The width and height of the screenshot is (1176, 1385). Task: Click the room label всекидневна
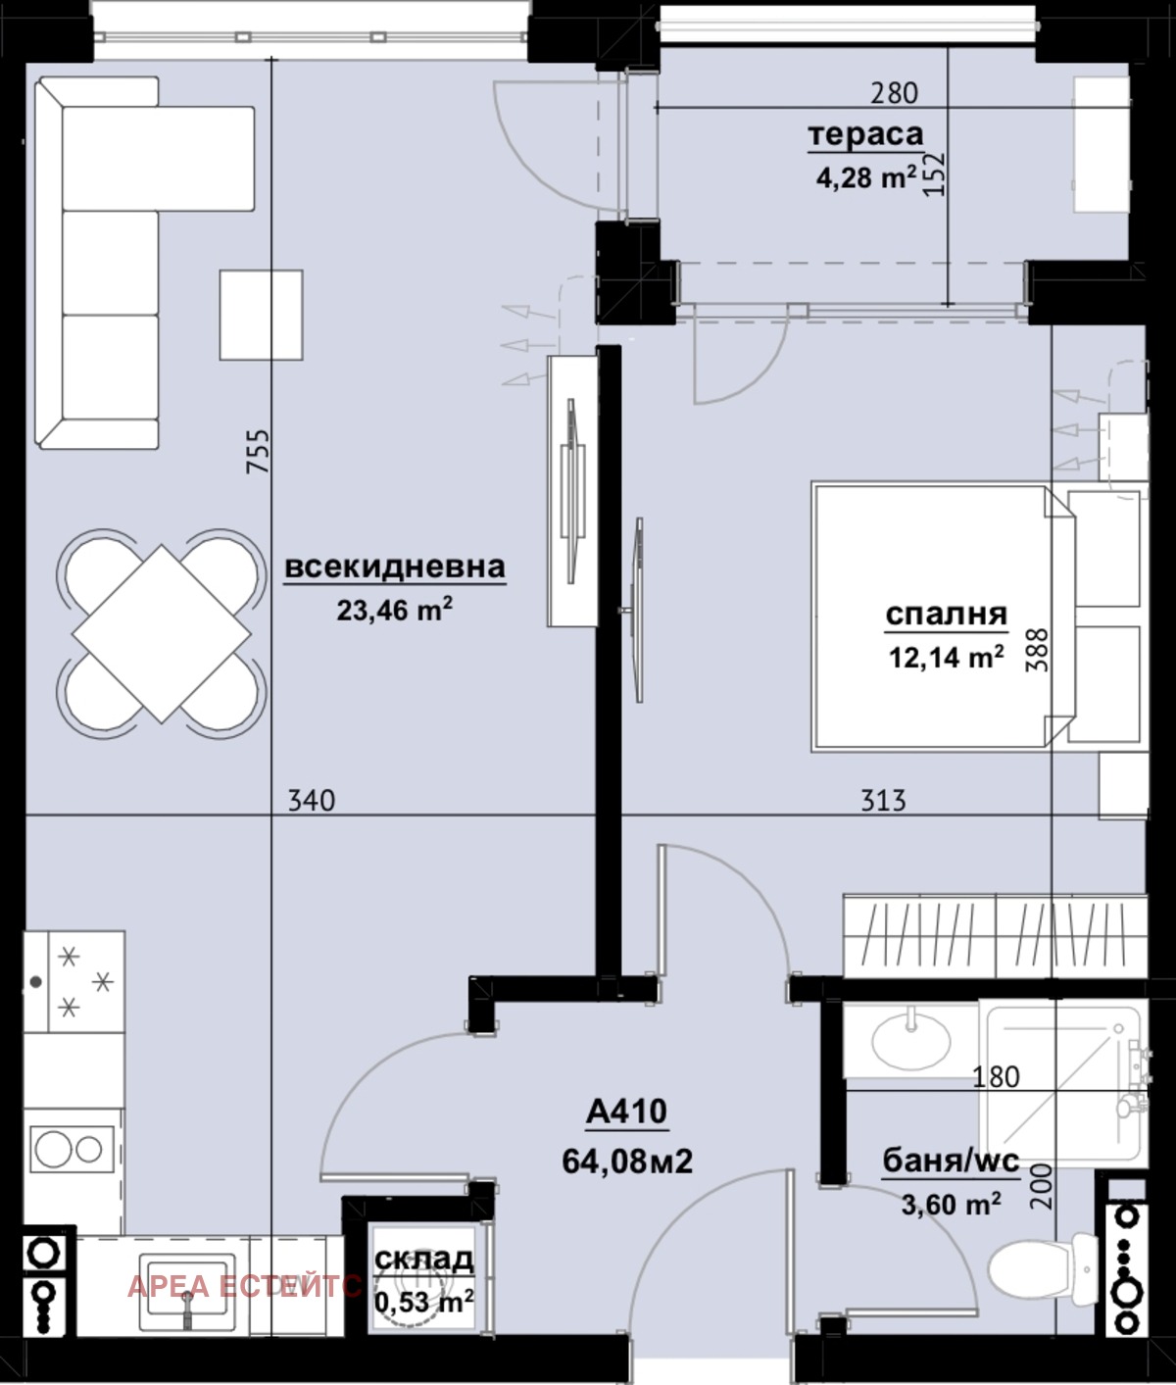(x=395, y=567)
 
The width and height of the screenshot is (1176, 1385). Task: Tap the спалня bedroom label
(x=946, y=615)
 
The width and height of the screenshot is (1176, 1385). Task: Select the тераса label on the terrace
(x=865, y=135)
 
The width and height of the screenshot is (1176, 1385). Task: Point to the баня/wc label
(x=951, y=1161)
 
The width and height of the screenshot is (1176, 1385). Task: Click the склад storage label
(x=423, y=1258)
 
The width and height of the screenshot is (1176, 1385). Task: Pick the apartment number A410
(x=626, y=1112)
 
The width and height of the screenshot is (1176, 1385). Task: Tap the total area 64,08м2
(x=627, y=1162)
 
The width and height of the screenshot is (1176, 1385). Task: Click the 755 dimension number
(x=257, y=452)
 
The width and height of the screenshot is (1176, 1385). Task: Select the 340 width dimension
(x=312, y=801)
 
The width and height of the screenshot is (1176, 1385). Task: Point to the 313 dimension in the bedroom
(x=883, y=801)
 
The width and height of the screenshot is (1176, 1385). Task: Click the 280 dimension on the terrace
(x=895, y=93)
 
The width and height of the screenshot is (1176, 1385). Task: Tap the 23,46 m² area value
(x=395, y=611)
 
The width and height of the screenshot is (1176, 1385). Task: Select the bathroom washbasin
(x=910, y=1040)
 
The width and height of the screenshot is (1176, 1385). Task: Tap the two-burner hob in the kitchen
(x=67, y=1150)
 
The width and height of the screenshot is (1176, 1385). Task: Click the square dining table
(x=161, y=634)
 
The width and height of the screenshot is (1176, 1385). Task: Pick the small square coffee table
(x=261, y=316)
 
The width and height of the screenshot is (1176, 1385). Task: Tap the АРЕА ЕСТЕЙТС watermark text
(x=245, y=1286)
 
